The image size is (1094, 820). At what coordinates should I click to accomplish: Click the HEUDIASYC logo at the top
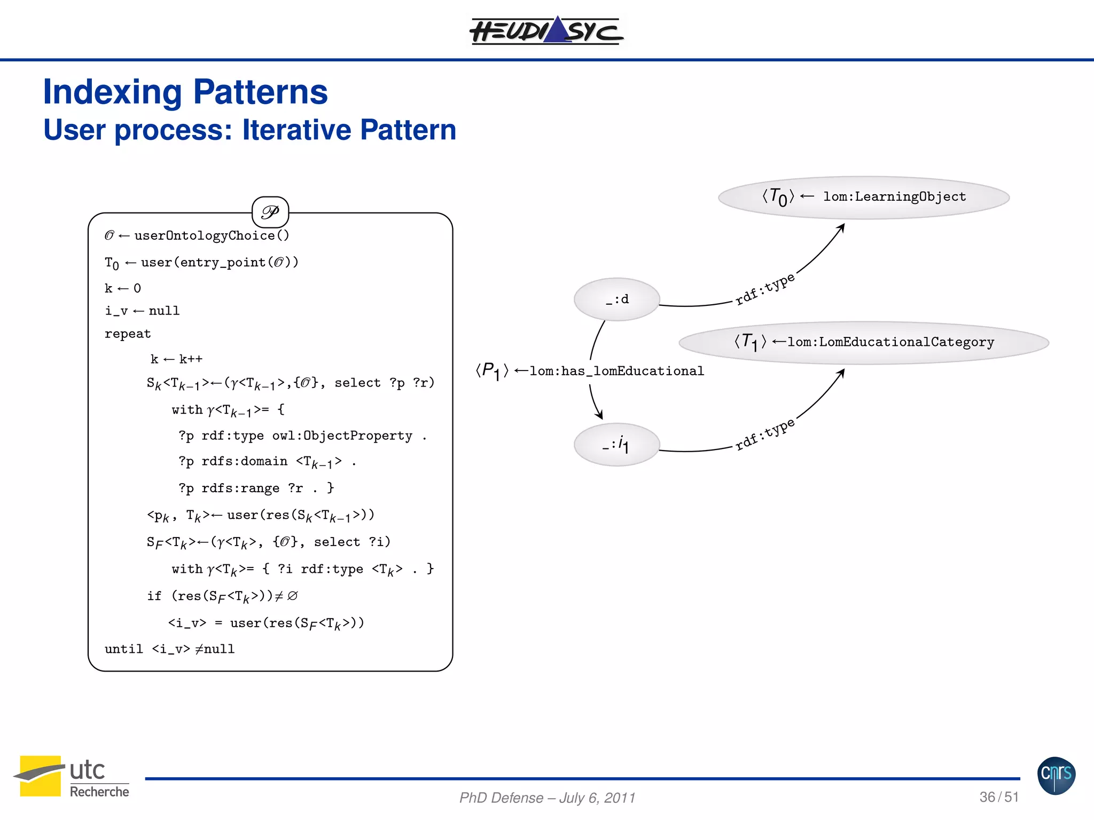coord(546,30)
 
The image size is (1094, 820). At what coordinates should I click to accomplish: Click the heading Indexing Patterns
coord(185,92)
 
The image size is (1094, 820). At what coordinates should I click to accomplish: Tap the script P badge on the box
coord(270,212)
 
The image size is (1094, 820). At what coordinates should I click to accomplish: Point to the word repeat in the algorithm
coord(128,334)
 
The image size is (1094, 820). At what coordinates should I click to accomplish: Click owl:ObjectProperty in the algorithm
coord(342,436)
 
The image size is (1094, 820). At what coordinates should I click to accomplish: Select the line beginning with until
coord(169,649)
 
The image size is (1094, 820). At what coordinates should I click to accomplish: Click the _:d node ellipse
coord(617,299)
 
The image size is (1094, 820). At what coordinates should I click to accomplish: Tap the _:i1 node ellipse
coord(617,444)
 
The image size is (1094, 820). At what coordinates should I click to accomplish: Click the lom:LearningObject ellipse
coord(863,197)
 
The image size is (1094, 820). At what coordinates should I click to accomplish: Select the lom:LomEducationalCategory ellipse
coord(863,342)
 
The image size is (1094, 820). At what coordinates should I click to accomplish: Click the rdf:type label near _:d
coord(765,289)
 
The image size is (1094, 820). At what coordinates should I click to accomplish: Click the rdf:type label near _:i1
coord(765,434)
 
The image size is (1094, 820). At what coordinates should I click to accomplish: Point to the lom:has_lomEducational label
coord(616,371)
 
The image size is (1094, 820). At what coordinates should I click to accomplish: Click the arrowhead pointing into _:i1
coord(600,415)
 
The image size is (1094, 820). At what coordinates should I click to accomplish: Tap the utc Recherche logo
coord(71,777)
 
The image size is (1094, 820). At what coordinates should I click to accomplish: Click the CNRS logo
coord(1056,775)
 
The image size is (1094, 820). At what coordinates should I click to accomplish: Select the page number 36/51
coord(999,797)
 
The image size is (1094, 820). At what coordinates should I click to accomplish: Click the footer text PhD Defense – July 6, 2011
coord(547,798)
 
